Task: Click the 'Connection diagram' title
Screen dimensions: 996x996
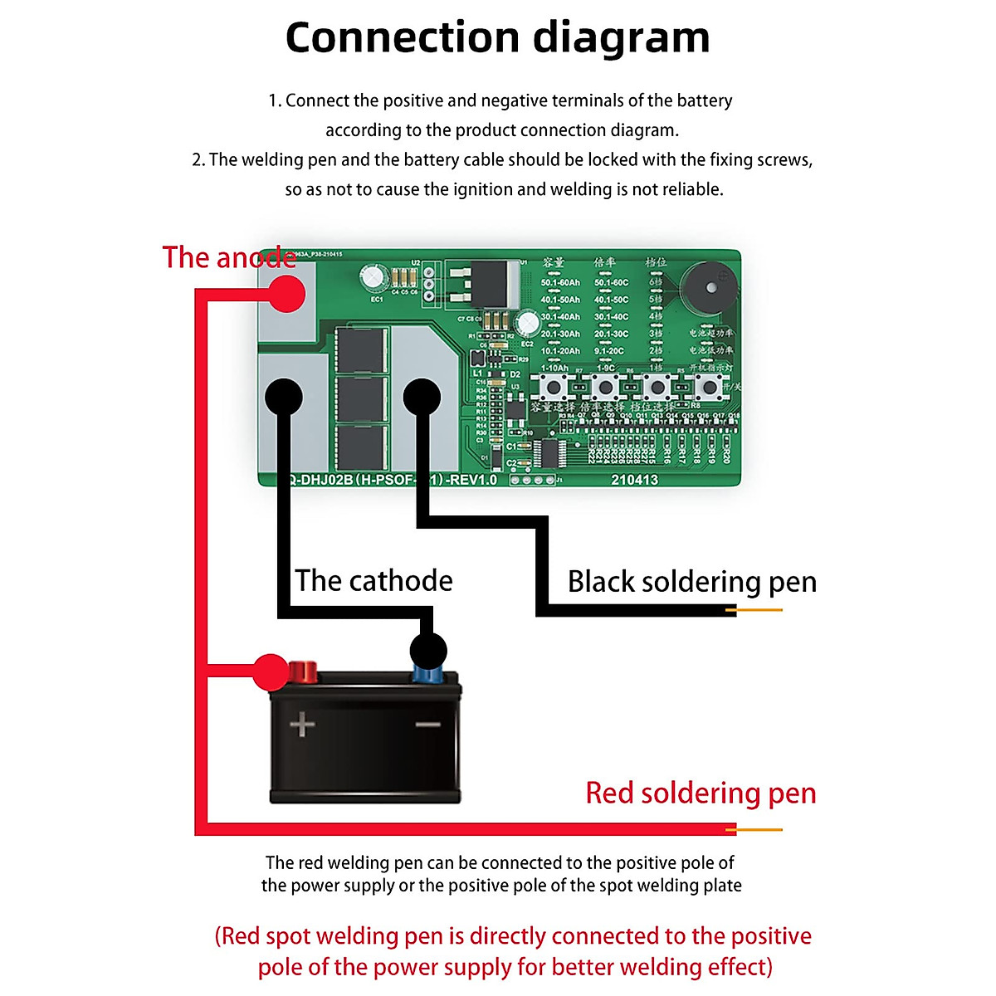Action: [497, 38]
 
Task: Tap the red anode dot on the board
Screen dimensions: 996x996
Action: [286, 293]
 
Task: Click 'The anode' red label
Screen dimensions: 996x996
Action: [229, 257]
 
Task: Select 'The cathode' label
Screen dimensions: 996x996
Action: [373, 580]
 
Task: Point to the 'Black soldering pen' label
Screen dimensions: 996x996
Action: [691, 581]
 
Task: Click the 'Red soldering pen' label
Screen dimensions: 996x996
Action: [701, 793]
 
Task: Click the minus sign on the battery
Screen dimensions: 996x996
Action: [427, 725]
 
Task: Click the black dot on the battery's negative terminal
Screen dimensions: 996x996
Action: [427, 651]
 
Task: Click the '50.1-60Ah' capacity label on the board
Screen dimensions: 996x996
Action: [560, 282]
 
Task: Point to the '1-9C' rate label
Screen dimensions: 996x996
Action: [606, 368]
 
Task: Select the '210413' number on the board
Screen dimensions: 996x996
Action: [634, 480]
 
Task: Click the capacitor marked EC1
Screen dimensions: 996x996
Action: [371, 278]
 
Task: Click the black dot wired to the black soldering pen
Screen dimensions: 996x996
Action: [422, 397]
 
